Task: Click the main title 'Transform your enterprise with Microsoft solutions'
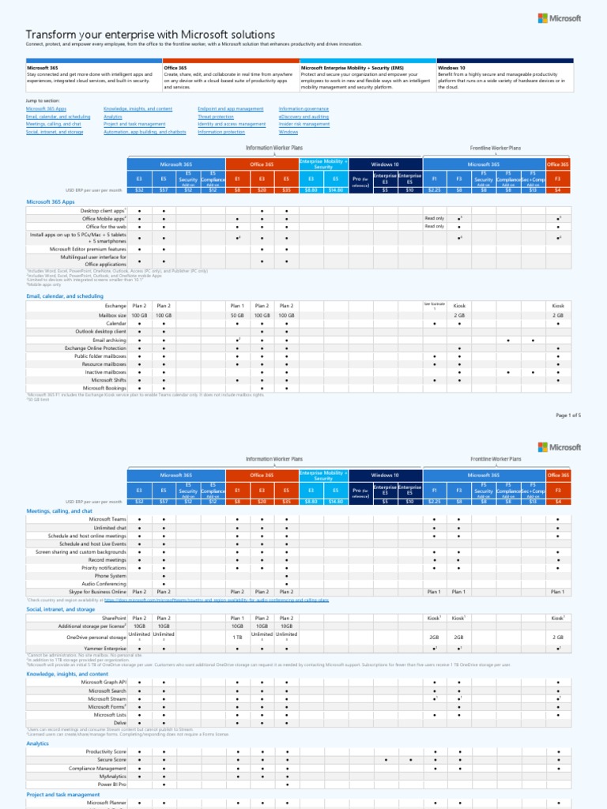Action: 150,35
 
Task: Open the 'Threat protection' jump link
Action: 216,116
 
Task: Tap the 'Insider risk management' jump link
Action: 304,124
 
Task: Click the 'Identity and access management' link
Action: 232,124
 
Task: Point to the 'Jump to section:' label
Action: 42,102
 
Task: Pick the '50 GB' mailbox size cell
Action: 237,314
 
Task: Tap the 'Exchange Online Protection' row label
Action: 95,348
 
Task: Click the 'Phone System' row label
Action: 111,576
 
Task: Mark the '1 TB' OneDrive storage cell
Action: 237,636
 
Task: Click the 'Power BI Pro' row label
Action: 111,785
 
